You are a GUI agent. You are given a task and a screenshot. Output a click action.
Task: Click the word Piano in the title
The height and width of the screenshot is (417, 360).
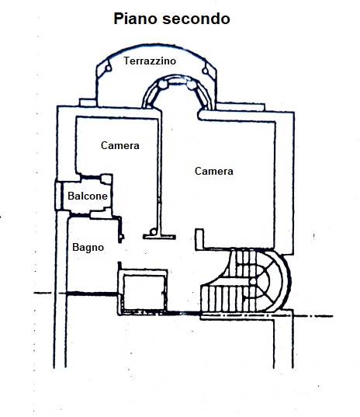coord(136,19)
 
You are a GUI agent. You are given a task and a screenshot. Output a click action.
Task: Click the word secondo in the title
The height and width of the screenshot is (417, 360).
coord(196,19)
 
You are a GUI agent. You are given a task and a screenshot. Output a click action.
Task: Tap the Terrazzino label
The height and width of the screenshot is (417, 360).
coord(150,61)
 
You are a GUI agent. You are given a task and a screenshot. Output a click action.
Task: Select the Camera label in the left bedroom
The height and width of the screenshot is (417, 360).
coord(120,145)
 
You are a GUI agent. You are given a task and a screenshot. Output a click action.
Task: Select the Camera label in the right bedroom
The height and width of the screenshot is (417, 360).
coord(214,171)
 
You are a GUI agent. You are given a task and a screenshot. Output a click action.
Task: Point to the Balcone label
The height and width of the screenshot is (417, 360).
coord(88,196)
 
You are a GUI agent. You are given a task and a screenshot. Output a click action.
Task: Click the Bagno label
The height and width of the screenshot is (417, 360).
coord(88,248)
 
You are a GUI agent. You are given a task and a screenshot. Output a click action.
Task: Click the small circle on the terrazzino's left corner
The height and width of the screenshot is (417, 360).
coord(108,68)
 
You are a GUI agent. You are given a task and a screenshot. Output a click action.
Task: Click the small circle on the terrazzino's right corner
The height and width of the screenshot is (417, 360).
coord(206,71)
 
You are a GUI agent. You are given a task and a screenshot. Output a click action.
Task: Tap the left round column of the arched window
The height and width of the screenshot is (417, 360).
coord(162,85)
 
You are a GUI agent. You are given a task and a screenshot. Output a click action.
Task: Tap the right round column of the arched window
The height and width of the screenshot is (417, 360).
coord(191,85)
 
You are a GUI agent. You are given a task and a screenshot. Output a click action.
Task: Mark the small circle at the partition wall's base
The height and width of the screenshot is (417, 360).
coord(154,231)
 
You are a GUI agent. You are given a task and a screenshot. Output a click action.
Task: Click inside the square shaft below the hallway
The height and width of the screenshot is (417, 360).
coord(144,293)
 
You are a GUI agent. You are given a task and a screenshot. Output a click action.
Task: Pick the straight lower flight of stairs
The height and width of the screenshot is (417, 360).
coord(223,298)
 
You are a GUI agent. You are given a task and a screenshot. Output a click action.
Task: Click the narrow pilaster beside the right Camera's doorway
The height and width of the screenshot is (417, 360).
coord(199,238)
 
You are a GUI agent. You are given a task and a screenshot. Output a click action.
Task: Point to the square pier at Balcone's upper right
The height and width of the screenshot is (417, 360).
coord(106,179)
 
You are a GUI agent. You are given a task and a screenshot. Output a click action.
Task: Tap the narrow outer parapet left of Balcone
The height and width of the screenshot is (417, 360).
coord(58,196)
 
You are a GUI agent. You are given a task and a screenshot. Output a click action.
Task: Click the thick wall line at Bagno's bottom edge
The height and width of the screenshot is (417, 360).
coord(92,294)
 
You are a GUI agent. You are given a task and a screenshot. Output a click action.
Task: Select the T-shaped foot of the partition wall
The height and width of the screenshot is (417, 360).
coord(159,237)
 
